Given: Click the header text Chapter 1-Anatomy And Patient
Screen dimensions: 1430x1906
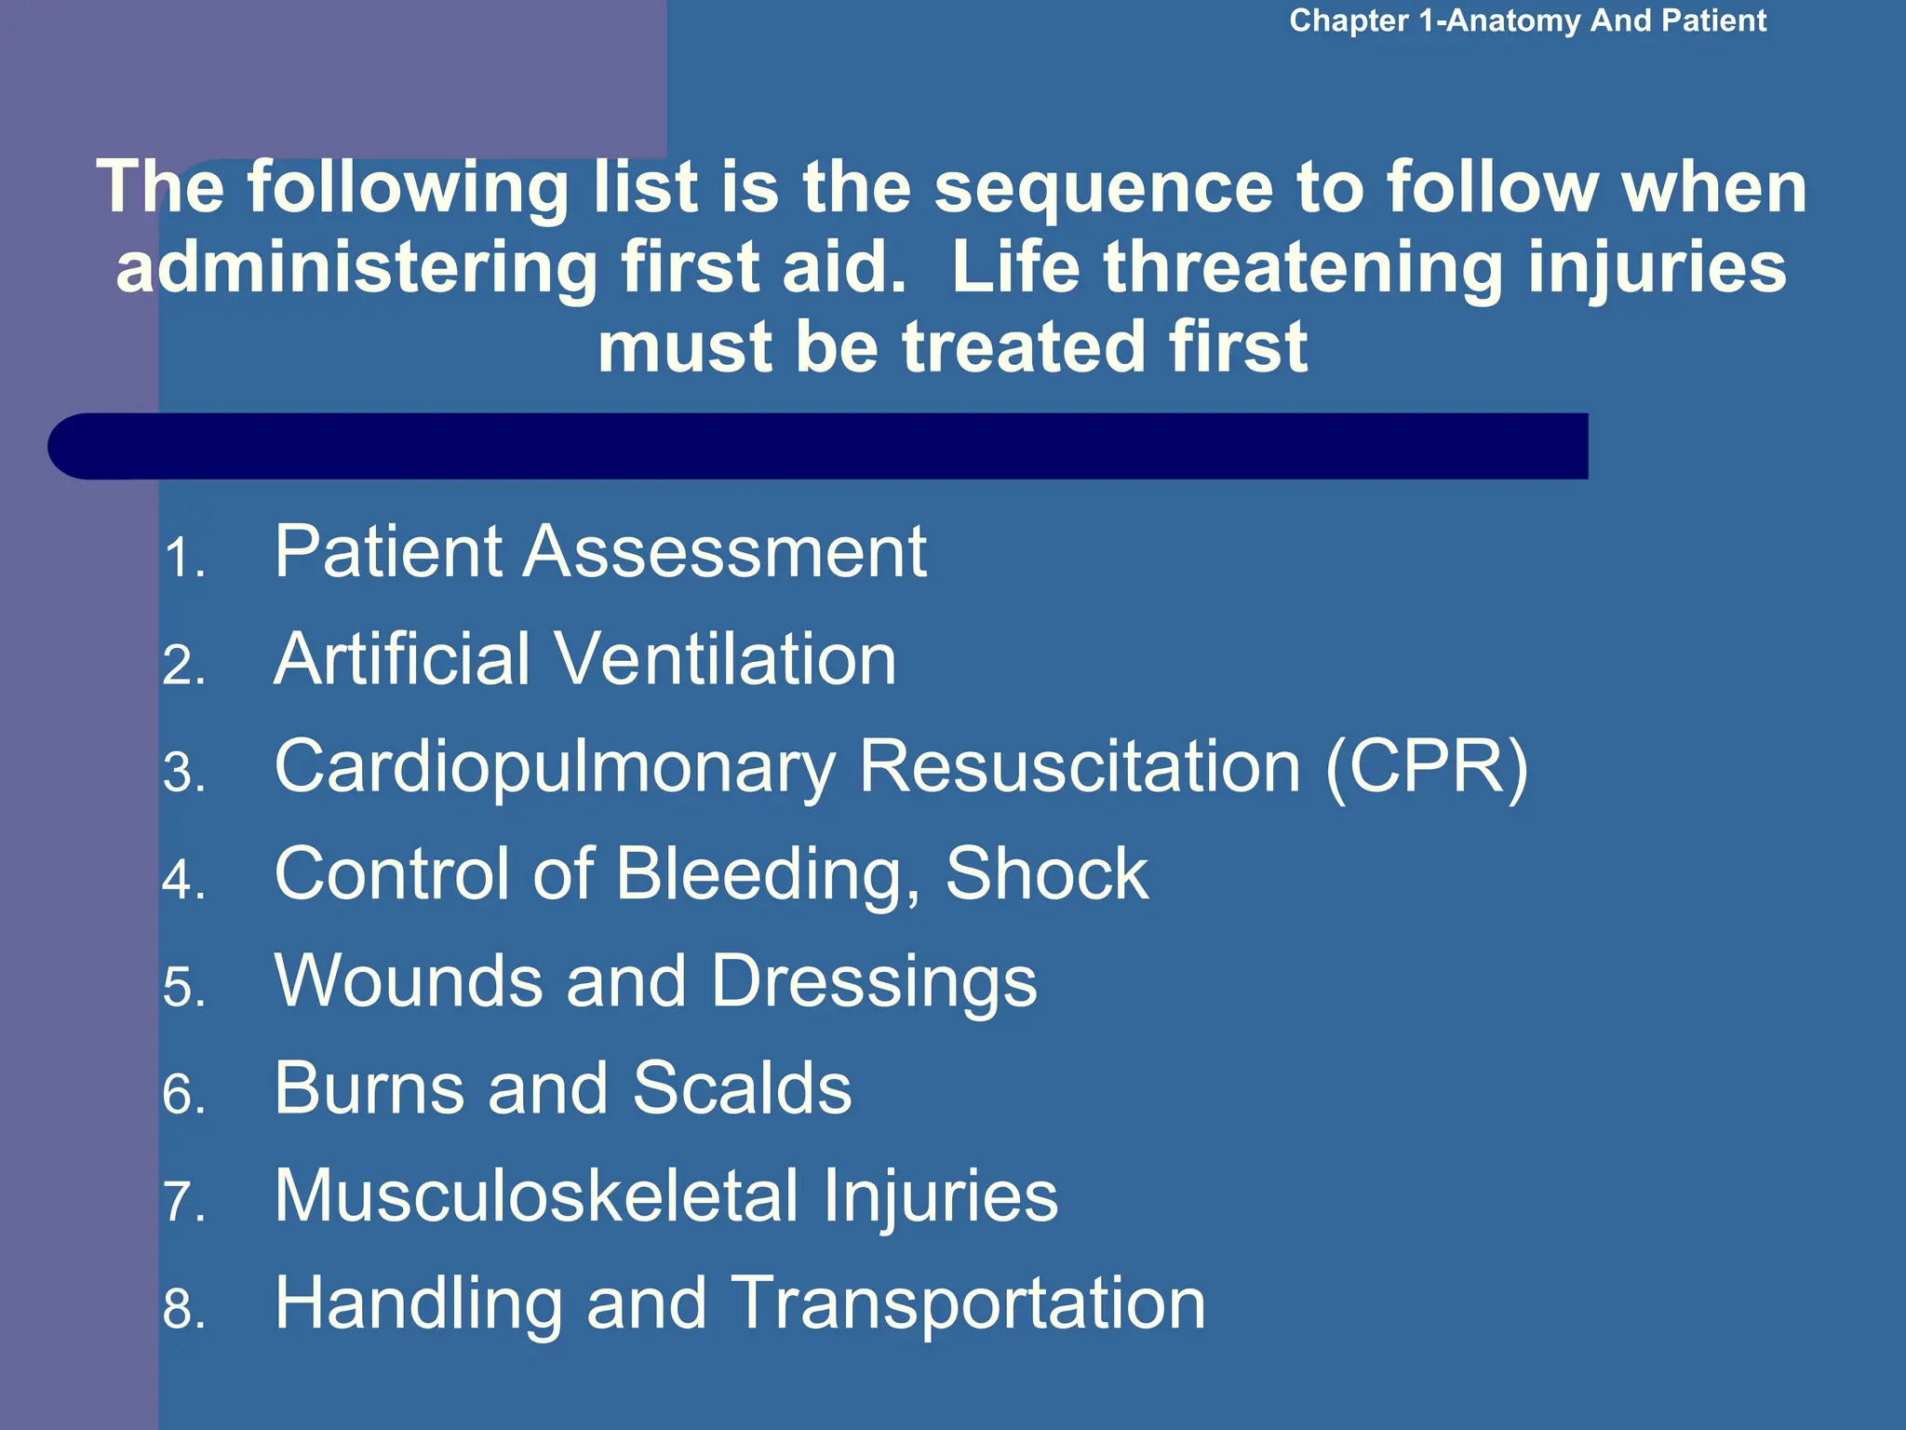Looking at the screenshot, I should tap(1526, 20).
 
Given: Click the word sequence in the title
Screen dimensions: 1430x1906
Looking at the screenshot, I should tap(1104, 188).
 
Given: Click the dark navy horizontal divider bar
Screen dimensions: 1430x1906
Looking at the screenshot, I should tap(819, 446).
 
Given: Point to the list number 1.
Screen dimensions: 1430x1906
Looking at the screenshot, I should tap(182, 560).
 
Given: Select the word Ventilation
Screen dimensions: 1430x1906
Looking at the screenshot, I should tap(726, 659).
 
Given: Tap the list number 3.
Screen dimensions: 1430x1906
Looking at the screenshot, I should tap(182, 775).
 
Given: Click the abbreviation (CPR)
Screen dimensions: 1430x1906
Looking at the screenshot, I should tap(1426, 768).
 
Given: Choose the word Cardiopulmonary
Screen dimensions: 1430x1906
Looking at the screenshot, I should tap(555, 768).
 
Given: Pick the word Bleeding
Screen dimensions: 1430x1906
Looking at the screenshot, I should tap(767, 876).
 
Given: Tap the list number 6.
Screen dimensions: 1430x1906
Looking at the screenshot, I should tap(182, 1096).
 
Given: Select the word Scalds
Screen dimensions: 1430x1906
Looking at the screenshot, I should tap(742, 1088).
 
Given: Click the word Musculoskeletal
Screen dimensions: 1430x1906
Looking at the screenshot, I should tap(536, 1196).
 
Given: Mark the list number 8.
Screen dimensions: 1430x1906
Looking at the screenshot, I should tap(182, 1311).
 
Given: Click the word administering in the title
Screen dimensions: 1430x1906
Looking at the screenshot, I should tap(357, 268).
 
